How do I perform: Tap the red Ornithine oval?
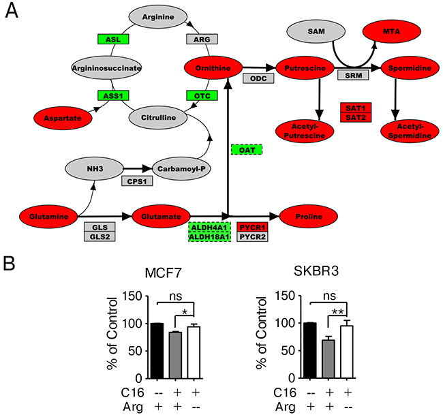[214, 67]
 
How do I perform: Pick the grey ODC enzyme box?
[259, 79]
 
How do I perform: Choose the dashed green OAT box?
[247, 149]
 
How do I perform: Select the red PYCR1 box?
[253, 227]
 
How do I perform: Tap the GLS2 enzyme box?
[97, 236]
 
